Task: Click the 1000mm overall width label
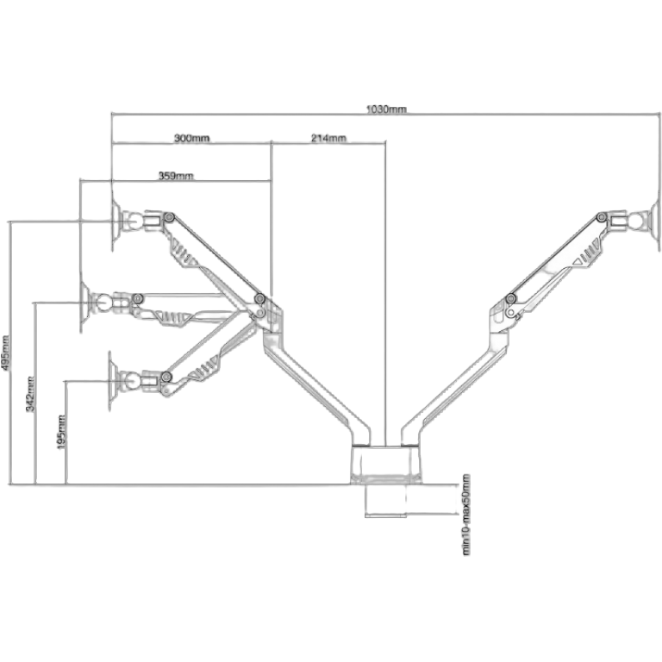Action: [x=387, y=109]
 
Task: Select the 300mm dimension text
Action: [x=191, y=138]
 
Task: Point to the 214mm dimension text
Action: [x=328, y=138]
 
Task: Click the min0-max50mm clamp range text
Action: [x=466, y=515]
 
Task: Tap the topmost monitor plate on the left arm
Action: [x=116, y=222]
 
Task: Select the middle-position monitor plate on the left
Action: [x=84, y=303]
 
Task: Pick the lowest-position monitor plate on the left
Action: [x=110, y=378]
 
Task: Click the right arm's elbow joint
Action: [x=509, y=302]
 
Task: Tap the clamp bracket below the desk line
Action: [x=384, y=501]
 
